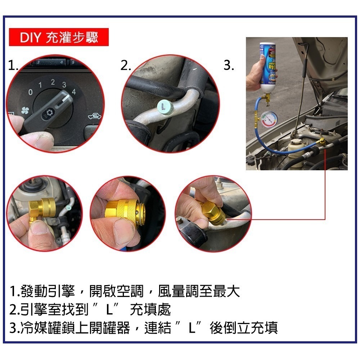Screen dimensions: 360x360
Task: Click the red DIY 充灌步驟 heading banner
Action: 58,37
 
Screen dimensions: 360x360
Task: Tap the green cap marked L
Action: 165,106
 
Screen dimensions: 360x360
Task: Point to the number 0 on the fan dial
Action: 31,93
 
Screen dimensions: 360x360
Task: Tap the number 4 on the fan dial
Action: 74,91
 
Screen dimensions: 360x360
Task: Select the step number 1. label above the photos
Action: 13,66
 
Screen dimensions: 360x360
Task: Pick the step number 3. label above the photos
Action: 229,66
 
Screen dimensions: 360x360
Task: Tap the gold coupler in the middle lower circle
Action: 124,212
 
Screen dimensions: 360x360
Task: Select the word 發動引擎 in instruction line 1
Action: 49,291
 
